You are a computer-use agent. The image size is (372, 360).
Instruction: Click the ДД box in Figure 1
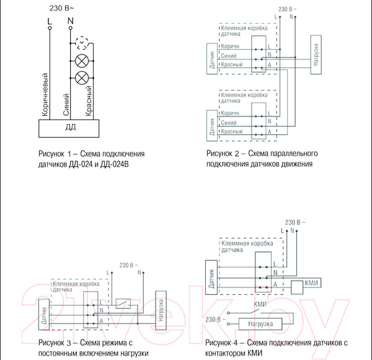pos(69,128)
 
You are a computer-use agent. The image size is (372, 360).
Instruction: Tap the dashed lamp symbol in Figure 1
pos(81,43)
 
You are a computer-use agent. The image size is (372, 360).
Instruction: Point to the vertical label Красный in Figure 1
pos(89,102)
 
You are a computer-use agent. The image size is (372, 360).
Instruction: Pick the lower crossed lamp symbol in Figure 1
pos(81,77)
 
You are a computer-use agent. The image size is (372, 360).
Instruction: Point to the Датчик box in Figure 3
pos(44,314)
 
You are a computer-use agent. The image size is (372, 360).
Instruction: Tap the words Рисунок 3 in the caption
pos(55,343)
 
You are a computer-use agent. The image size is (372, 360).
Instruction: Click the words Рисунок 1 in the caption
pos(55,153)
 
